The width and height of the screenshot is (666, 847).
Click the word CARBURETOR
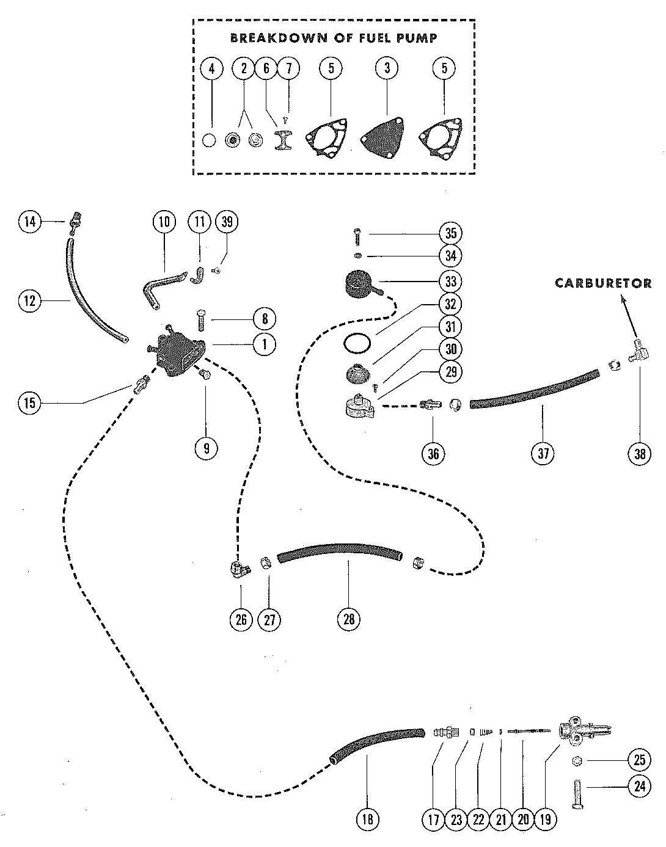(603, 283)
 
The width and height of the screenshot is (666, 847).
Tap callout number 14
(30, 222)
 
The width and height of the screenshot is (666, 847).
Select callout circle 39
(227, 222)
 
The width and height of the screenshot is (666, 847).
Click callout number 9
(207, 448)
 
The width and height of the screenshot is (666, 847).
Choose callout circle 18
(368, 819)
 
